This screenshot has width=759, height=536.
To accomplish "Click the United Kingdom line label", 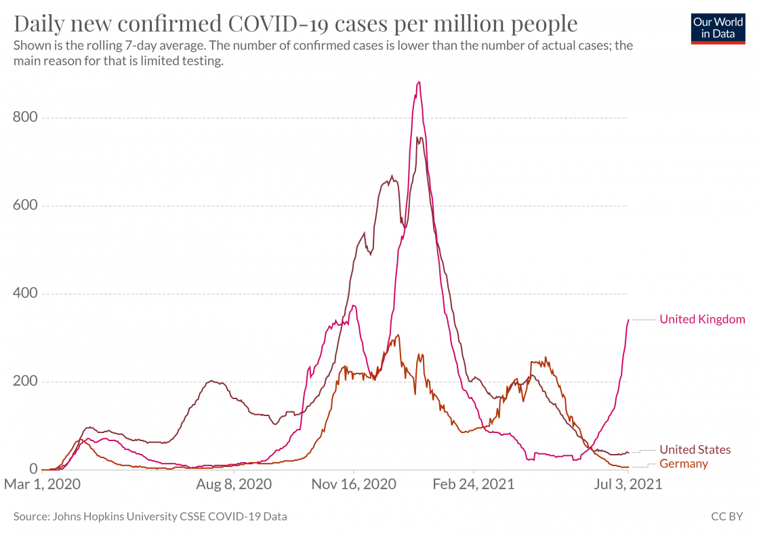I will click(702, 319).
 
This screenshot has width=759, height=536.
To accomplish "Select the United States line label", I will click(695, 449).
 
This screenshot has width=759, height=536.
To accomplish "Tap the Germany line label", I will click(683, 463).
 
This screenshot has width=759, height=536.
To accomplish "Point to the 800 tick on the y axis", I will click(25, 118).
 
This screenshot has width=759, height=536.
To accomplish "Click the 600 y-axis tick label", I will click(25, 206).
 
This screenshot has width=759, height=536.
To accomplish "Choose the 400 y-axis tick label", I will click(25, 293).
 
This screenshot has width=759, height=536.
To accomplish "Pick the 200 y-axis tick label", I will click(25, 382).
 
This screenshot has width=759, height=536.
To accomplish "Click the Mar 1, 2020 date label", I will click(43, 485).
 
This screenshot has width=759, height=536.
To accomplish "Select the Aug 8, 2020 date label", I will click(233, 485).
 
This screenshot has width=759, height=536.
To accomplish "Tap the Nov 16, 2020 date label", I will click(354, 485).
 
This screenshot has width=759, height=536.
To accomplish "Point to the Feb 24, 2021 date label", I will click(474, 485).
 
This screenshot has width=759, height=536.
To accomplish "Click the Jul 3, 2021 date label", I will click(628, 485).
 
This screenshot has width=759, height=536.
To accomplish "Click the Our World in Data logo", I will click(718, 28).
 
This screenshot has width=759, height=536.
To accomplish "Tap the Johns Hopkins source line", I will click(150, 516).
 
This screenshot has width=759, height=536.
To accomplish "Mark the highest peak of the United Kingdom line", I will click(419, 83).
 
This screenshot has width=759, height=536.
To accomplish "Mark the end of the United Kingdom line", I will click(629, 320).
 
